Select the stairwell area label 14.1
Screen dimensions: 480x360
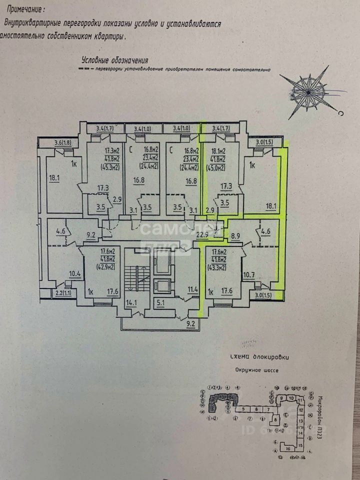(x=131, y=302)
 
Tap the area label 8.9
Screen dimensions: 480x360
(x=235, y=233)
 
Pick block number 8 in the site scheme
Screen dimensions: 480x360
(x=275, y=420)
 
